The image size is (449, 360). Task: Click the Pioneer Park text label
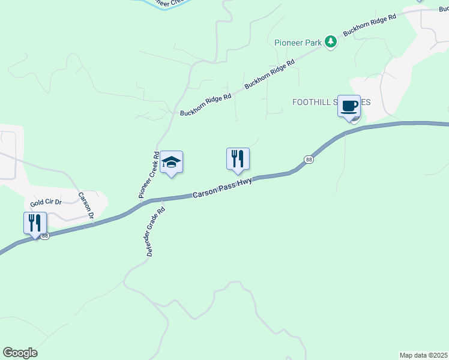point(298,42)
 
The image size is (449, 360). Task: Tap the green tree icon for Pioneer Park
point(330,41)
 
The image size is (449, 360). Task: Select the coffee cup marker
point(349,107)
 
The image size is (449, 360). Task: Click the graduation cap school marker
point(172,162)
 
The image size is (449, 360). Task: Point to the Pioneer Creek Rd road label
point(149,175)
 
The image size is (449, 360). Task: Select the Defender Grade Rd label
point(155,232)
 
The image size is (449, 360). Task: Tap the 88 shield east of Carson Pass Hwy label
point(309,159)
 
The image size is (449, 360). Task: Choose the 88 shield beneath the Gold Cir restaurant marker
point(45,236)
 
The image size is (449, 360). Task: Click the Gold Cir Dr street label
point(47,202)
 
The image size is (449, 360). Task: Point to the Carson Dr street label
point(87,205)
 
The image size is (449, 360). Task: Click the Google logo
point(20,353)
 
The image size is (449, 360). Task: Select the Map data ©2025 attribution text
point(424,355)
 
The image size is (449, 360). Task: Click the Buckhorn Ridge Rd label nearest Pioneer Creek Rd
point(205,104)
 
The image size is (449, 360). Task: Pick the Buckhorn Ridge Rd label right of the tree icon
point(370,26)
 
